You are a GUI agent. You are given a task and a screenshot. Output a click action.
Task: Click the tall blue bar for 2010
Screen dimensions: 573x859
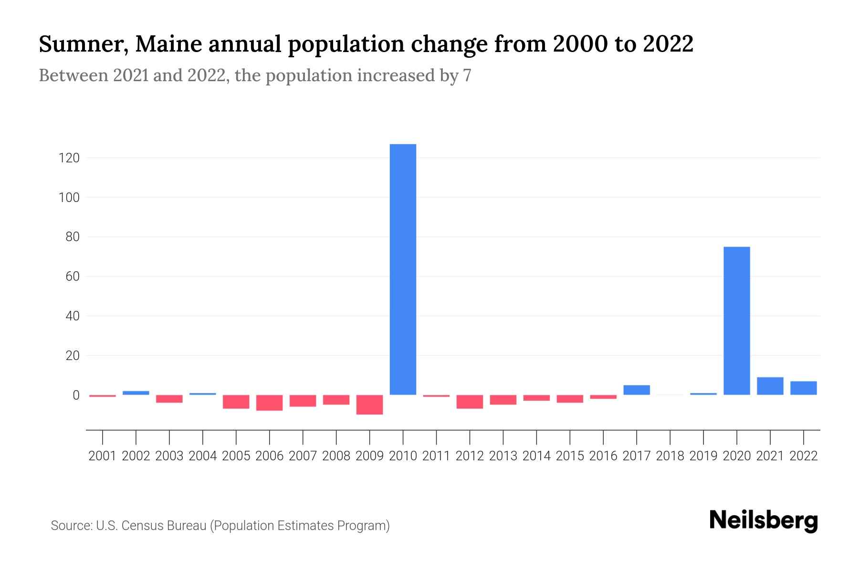click(403, 269)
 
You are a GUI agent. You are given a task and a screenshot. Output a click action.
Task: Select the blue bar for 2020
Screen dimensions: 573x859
click(736, 320)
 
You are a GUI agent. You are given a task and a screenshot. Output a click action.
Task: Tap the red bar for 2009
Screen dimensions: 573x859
click(369, 404)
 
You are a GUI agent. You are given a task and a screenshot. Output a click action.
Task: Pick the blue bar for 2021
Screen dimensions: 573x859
click(770, 386)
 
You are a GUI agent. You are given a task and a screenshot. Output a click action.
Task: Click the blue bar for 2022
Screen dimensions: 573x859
click(803, 388)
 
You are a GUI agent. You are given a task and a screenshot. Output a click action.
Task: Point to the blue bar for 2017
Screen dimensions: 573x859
click(636, 390)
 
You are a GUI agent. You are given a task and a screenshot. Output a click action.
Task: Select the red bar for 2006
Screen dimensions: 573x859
click(269, 403)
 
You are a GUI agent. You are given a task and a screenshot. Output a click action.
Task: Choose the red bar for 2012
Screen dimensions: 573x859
click(470, 402)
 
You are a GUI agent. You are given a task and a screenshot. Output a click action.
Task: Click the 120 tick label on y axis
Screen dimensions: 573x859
click(69, 158)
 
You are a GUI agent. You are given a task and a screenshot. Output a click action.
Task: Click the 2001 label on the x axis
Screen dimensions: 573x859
click(103, 456)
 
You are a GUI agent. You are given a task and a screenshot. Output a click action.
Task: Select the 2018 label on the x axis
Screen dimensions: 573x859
click(670, 456)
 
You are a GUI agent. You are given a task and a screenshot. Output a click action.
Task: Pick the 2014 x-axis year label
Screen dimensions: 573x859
click(536, 456)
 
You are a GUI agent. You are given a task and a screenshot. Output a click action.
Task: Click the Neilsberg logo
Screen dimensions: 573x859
click(763, 520)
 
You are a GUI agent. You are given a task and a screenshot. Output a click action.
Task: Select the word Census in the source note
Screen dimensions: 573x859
click(143, 526)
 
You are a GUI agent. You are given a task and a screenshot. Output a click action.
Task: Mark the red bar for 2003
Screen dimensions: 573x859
click(169, 399)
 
